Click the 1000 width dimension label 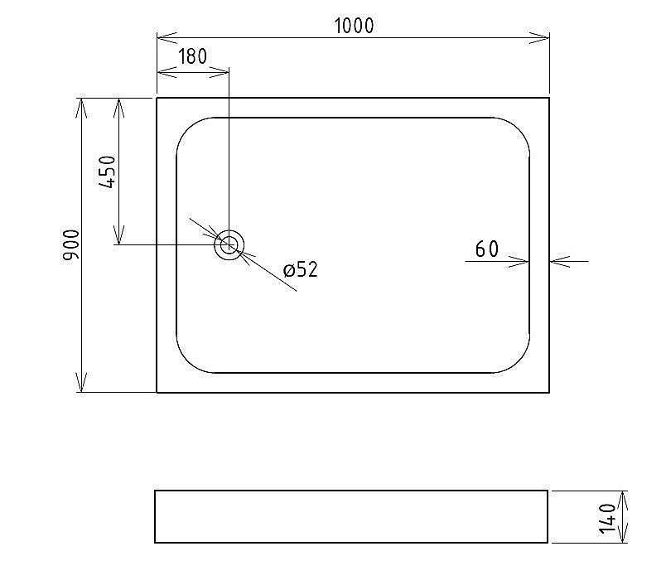click(354, 26)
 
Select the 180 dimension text click(192, 58)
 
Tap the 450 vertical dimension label click(108, 172)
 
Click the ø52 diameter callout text click(300, 270)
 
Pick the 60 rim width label click(487, 249)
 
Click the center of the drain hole click(229, 244)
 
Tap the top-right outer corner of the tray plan click(549, 98)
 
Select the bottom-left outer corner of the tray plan click(157, 392)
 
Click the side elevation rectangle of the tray click(351, 516)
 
